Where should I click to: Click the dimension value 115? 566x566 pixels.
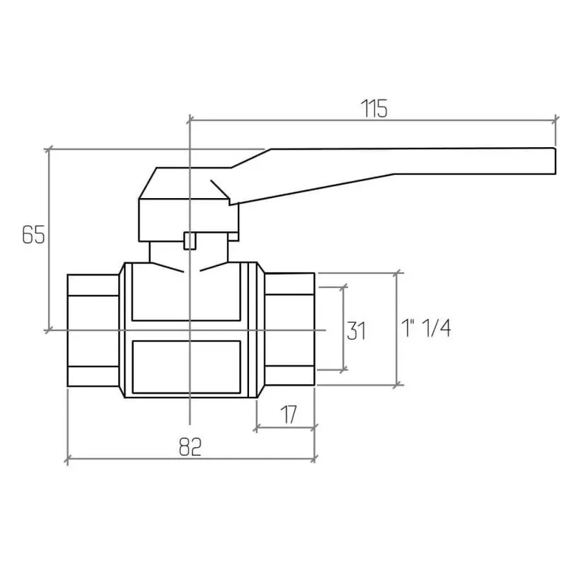tap(374, 108)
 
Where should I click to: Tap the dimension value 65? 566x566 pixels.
tap(33, 235)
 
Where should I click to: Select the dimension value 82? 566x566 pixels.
tap(190, 447)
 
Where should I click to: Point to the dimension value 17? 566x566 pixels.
tap(289, 415)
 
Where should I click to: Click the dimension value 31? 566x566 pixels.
tap(357, 331)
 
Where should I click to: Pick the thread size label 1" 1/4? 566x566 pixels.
tap(426, 328)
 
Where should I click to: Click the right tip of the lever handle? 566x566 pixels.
tap(555, 161)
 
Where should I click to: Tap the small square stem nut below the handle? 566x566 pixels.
tap(190, 241)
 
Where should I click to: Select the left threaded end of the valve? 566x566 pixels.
tap(93, 330)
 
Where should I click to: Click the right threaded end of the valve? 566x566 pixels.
tap(289, 329)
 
